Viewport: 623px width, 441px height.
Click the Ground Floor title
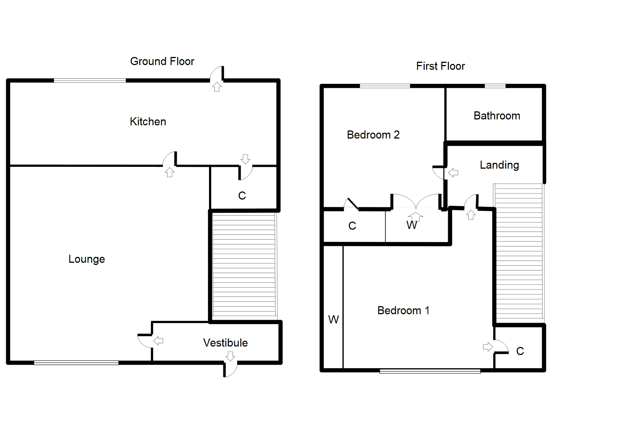click(x=162, y=61)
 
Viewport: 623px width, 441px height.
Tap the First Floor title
click(x=440, y=66)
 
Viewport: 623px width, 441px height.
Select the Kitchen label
click(x=148, y=122)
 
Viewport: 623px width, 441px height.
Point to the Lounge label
click(x=87, y=259)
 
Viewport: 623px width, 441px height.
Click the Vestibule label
click(x=225, y=343)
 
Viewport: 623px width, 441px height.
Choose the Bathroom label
click(x=497, y=116)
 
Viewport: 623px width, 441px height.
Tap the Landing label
click(x=499, y=165)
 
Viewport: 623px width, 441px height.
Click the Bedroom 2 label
click(x=373, y=135)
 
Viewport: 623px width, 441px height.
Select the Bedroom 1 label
click(x=403, y=311)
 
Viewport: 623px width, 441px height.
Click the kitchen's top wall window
click(x=90, y=80)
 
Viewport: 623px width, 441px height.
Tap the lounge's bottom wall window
click(x=76, y=363)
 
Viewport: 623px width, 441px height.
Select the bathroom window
click(x=495, y=86)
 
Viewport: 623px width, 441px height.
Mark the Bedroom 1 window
click(x=430, y=371)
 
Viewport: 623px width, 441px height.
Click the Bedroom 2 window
click(x=385, y=86)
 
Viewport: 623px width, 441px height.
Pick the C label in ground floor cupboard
click(x=242, y=196)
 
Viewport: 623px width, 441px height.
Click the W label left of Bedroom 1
click(x=333, y=320)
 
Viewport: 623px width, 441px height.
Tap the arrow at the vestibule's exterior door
click(x=230, y=356)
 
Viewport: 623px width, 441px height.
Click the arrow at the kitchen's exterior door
click(x=217, y=87)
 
